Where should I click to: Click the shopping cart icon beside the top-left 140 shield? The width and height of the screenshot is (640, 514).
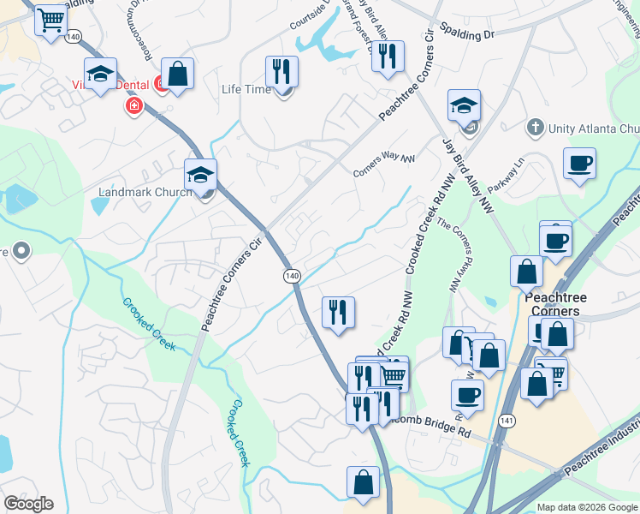[50, 20]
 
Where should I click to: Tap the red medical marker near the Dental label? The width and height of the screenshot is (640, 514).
[133, 105]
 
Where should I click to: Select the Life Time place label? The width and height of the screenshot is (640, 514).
[242, 89]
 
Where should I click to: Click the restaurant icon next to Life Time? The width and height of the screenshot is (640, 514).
[281, 73]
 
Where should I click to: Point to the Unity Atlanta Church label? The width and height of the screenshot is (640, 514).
[593, 128]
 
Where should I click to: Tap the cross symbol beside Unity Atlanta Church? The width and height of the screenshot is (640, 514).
[536, 128]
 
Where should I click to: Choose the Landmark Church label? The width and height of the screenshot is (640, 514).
[144, 192]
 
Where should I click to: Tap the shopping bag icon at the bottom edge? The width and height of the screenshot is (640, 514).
[363, 482]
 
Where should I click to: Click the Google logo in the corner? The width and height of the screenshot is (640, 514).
[28, 504]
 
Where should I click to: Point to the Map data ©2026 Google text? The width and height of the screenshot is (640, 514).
[586, 507]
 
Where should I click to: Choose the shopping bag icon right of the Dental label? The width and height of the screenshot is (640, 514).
[178, 75]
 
